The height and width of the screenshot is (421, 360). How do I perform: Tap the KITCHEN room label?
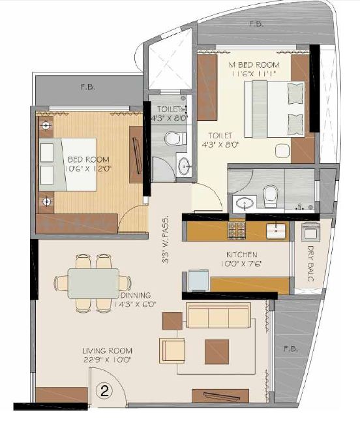click(x=241, y=255)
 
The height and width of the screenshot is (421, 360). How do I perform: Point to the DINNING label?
click(x=135, y=295)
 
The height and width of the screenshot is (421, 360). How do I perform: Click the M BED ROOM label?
click(x=254, y=65)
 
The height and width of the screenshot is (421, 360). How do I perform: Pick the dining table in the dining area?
click(x=93, y=283)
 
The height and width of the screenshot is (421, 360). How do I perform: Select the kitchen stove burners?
click(x=235, y=230)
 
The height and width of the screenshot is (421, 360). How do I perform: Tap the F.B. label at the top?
click(x=256, y=24)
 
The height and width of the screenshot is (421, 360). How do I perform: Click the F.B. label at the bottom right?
click(x=291, y=349)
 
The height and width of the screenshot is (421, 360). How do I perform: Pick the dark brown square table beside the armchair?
click(x=217, y=351)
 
